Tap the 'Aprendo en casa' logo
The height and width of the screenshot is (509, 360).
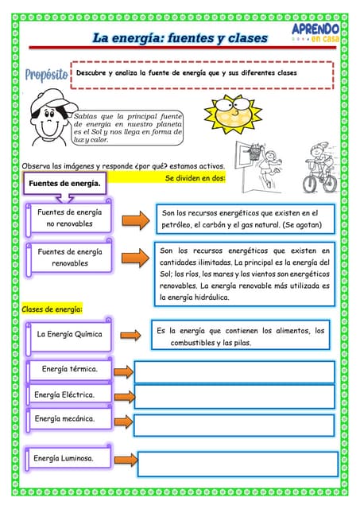point(315,32)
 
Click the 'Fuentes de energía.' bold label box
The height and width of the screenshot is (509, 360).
point(64,184)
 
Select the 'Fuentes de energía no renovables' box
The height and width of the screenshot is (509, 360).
point(69,218)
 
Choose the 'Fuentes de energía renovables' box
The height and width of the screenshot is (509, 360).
point(69,257)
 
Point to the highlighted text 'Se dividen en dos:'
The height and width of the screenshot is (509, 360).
point(195,178)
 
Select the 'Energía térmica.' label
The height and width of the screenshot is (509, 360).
point(70,369)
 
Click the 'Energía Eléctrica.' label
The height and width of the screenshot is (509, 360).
point(64,394)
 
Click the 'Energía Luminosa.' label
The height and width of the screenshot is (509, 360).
point(64,459)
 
